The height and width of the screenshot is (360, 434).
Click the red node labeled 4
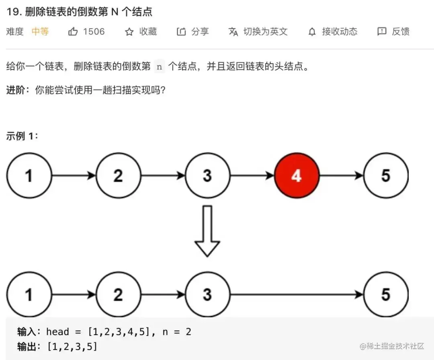tap(297, 176)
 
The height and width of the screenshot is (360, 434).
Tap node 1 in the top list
tap(29, 176)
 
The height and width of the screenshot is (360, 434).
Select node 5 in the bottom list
tap(386, 294)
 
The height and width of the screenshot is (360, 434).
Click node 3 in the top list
tap(207, 176)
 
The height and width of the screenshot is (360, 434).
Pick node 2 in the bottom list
tap(118, 294)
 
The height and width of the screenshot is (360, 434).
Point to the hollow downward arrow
tap(207, 231)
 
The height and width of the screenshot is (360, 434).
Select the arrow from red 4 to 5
tap(341, 176)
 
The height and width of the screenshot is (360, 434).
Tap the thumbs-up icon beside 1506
tap(73, 32)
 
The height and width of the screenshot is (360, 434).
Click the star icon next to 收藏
tap(129, 32)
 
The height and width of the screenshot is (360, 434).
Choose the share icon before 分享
tap(181, 32)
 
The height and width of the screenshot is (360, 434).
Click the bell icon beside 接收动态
tap(312, 32)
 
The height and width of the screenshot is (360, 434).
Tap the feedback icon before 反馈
tap(382, 32)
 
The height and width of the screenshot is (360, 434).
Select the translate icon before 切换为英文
tap(233, 32)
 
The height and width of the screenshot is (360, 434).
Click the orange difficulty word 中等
tap(40, 32)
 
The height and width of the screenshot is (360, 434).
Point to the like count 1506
tap(94, 32)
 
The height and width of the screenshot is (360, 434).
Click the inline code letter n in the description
tap(160, 67)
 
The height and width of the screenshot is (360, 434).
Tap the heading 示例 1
tap(22, 136)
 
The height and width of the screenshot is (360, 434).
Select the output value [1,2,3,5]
tap(72, 346)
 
